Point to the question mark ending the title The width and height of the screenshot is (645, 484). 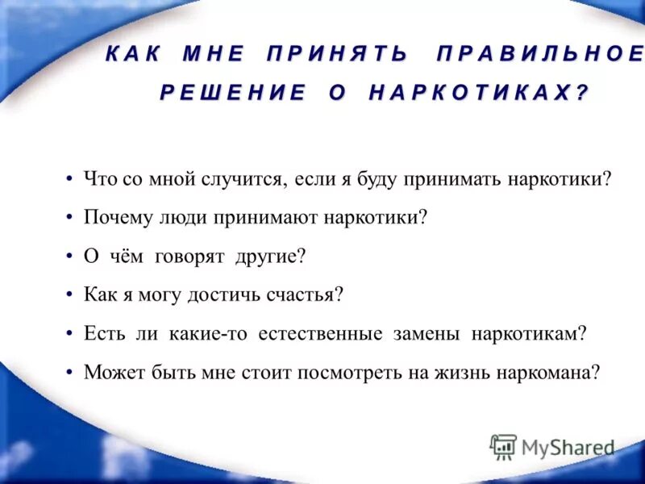582,93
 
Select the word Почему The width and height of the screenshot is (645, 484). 112,218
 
